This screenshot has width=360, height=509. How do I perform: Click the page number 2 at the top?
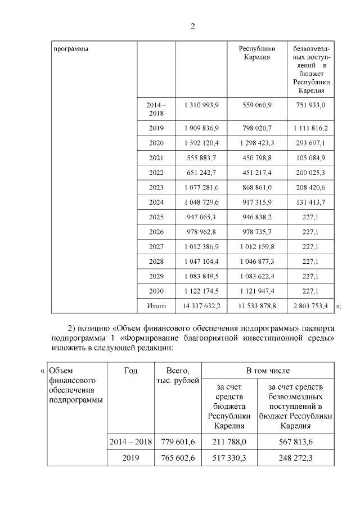pyautogui.click(x=192, y=26)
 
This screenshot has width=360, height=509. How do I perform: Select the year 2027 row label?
pyautogui.click(x=156, y=246)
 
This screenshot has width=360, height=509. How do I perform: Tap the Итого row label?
pyautogui.click(x=156, y=305)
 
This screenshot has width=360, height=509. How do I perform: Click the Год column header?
pyautogui.click(x=130, y=370)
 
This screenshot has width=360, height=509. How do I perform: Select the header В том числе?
pyautogui.click(x=267, y=371)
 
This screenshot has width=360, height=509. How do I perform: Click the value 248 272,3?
pyautogui.click(x=295, y=458)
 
